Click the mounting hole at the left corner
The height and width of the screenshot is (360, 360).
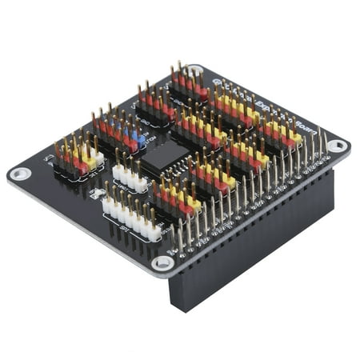[x=20, y=173]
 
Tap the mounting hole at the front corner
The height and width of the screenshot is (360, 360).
[x=162, y=262]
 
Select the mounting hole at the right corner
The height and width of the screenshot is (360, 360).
[x=338, y=146]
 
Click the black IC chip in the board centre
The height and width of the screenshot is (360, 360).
[x=164, y=155]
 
